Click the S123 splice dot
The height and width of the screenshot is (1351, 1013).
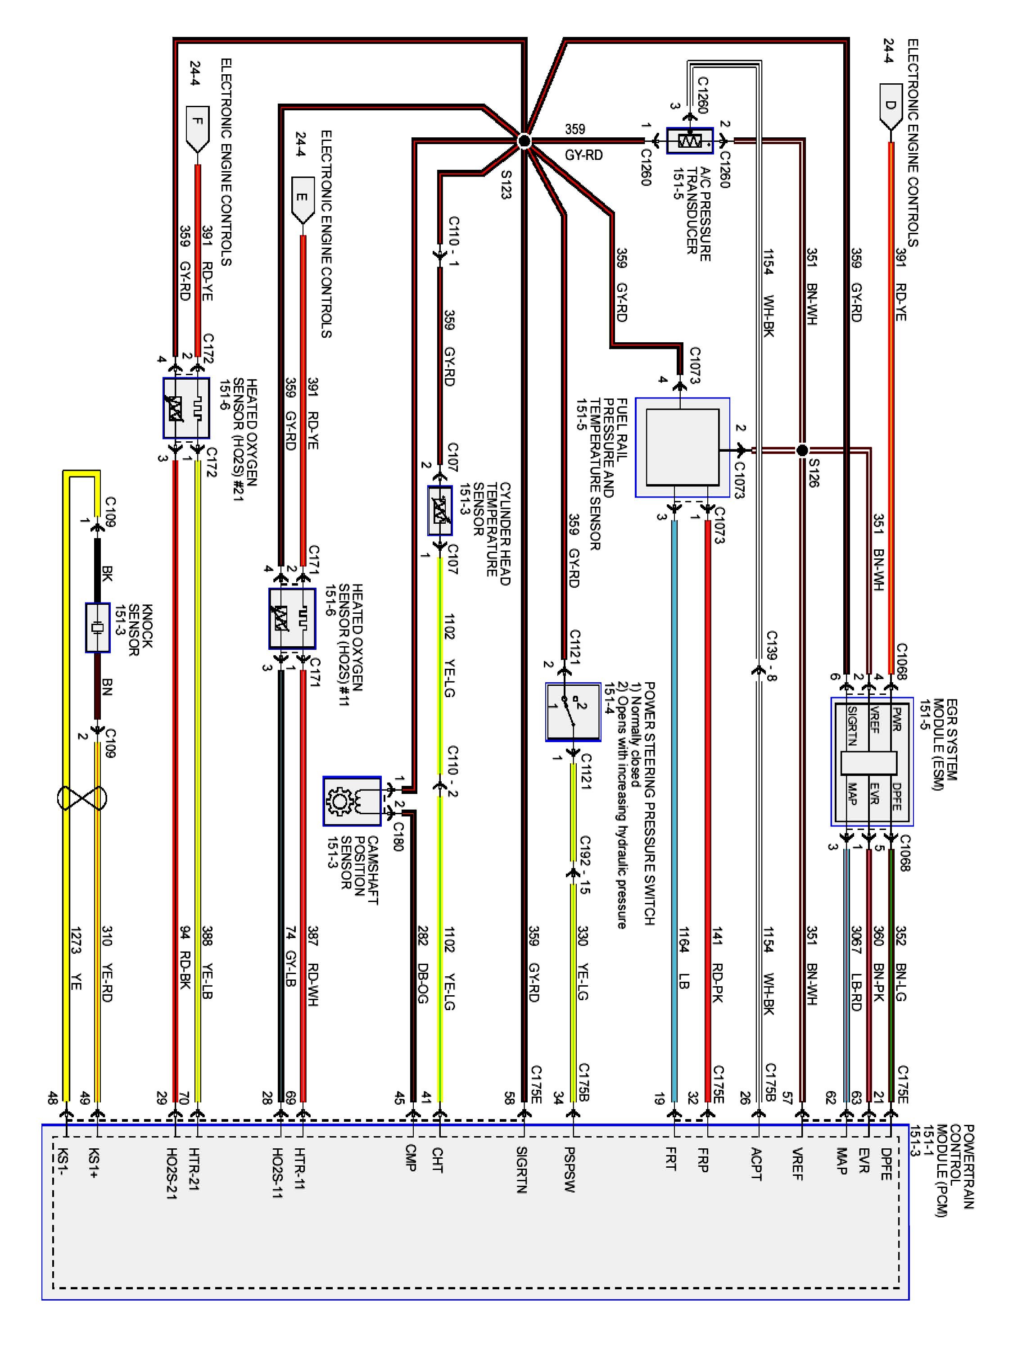click(524, 141)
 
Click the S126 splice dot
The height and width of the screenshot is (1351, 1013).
click(802, 450)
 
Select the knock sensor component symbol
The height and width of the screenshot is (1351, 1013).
click(97, 627)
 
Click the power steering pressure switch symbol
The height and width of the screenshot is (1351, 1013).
click(573, 712)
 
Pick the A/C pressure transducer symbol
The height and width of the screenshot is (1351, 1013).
click(689, 141)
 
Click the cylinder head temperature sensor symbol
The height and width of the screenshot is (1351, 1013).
click(439, 511)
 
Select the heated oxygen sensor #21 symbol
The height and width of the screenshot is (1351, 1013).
click(186, 408)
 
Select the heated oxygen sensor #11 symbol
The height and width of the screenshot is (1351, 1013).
click(292, 618)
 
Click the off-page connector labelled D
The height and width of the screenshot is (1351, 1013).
click(890, 108)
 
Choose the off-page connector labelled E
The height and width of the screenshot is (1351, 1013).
click(302, 199)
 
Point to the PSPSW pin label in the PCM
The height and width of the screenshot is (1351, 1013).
click(570, 1170)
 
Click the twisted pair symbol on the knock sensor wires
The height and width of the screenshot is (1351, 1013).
click(82, 798)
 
